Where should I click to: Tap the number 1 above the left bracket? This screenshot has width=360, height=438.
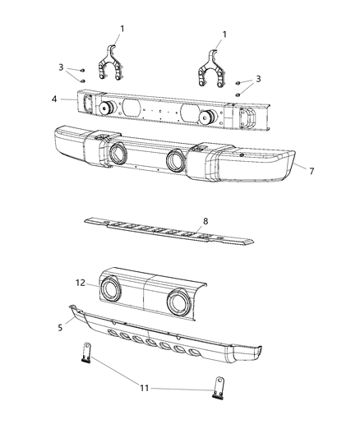click(x=122, y=30)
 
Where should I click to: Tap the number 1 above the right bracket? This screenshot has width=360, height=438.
click(x=224, y=35)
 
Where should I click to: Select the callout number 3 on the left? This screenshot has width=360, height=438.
click(x=61, y=67)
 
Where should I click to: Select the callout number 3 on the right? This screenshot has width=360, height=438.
click(x=258, y=78)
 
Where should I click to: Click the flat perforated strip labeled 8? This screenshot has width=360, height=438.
click(x=164, y=231)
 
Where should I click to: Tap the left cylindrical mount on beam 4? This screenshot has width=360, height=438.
click(x=105, y=108)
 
